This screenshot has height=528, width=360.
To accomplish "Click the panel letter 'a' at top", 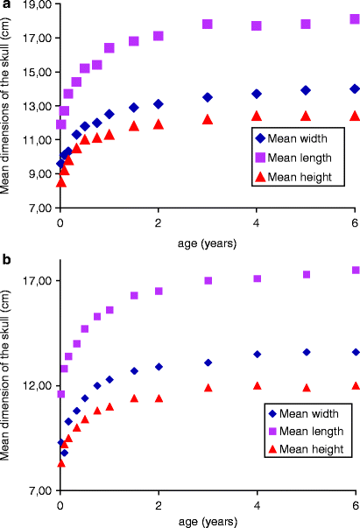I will point(5,6).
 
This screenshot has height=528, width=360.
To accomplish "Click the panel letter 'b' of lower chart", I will point(6,261).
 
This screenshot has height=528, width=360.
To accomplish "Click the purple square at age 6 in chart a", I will point(355,19).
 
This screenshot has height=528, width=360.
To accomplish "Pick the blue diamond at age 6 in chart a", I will point(355,88).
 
